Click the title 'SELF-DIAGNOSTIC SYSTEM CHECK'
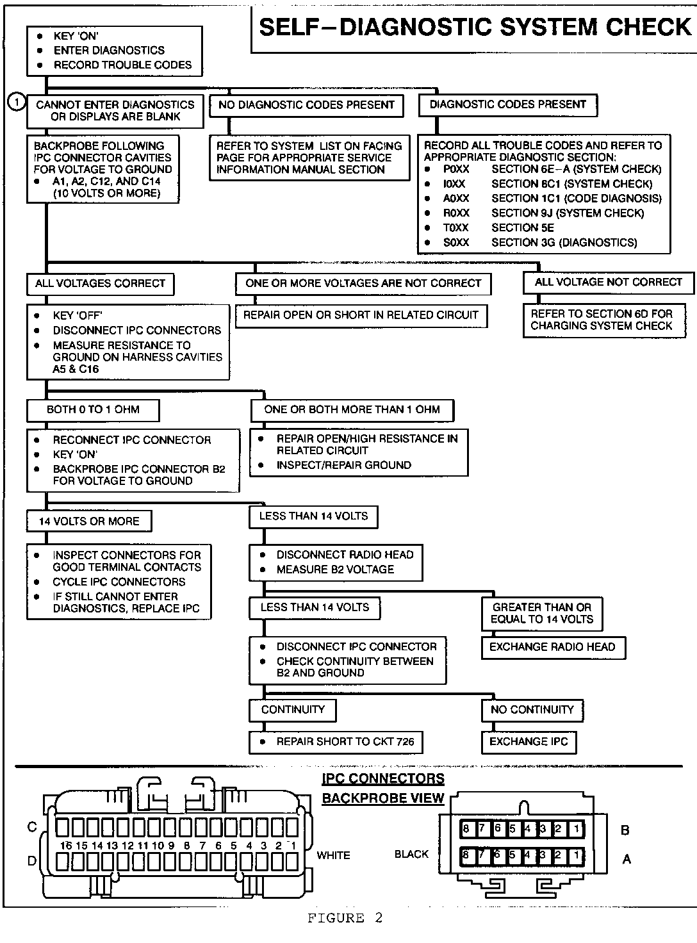[x=475, y=27]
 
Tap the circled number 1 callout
[x=17, y=101]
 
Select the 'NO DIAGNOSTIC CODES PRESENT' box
[x=306, y=105]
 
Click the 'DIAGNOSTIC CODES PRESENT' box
[x=507, y=104]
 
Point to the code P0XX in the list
[x=456, y=169]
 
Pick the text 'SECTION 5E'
[x=522, y=228]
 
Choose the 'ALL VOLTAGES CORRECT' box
[x=100, y=283]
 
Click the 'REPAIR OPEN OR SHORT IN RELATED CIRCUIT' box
[x=361, y=315]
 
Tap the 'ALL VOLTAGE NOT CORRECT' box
[x=608, y=282]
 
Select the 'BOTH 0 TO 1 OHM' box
[x=93, y=409]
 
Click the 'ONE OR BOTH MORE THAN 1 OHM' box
[x=352, y=409]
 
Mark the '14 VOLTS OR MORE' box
[x=89, y=521]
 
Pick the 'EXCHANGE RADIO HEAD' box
[x=552, y=647]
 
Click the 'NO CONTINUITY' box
[x=532, y=709]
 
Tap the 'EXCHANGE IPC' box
[x=529, y=742]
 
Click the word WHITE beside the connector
[x=333, y=855]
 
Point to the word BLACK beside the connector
[x=411, y=854]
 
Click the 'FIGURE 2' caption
[x=345, y=919]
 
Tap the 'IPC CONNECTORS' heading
[x=383, y=779]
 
